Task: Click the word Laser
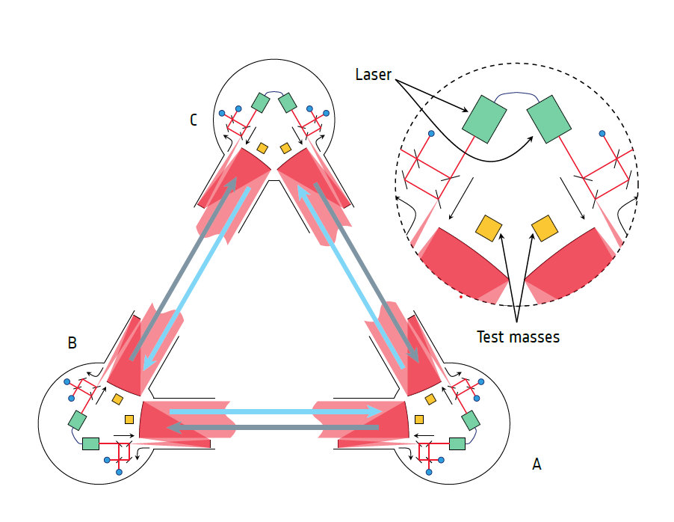[x=373, y=75]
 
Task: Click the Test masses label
[x=518, y=337]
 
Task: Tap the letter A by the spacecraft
[x=536, y=464]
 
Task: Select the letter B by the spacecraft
[x=72, y=343]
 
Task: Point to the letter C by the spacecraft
[x=194, y=120]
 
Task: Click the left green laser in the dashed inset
[x=484, y=117]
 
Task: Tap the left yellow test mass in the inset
[x=488, y=227]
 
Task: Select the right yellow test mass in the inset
[x=543, y=227]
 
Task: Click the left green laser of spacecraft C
[x=260, y=102]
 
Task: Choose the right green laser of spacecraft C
[x=287, y=102]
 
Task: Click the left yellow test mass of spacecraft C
[x=262, y=148]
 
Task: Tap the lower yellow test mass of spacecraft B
[x=129, y=419]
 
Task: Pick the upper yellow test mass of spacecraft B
[x=117, y=399]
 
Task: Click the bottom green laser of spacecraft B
[x=90, y=443]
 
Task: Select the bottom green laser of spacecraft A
[x=456, y=443]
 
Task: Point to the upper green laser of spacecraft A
[x=470, y=420]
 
